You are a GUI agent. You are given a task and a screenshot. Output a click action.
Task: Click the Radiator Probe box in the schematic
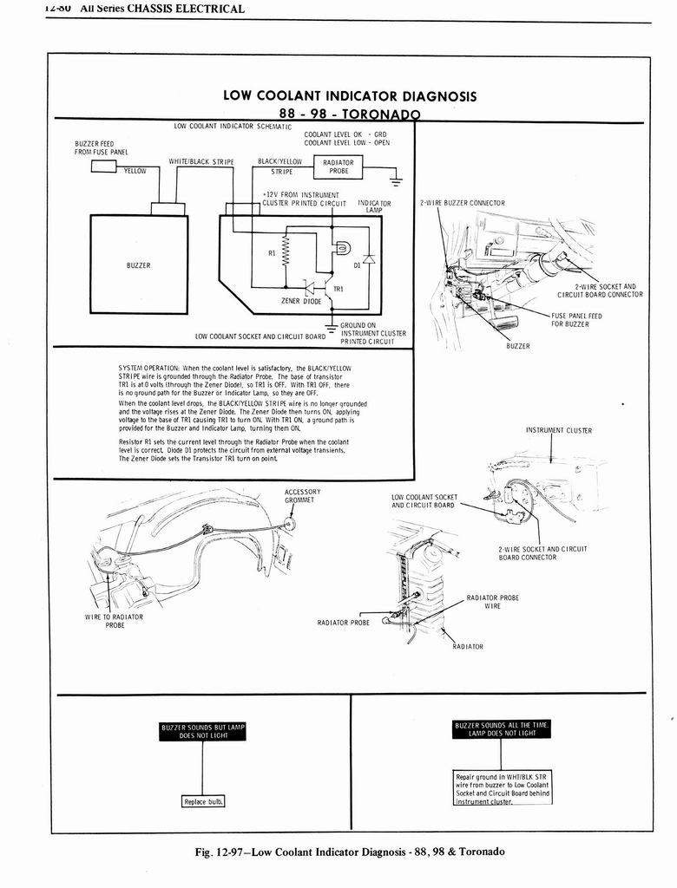click(338, 166)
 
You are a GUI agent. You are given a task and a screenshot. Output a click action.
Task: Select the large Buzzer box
click(139, 264)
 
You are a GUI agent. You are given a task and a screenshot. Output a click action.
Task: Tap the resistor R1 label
click(272, 254)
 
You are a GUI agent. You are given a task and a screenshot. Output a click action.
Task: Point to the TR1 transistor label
click(338, 288)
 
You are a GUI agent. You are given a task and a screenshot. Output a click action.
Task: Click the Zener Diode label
click(301, 301)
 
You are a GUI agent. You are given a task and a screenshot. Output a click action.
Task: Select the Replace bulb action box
click(203, 801)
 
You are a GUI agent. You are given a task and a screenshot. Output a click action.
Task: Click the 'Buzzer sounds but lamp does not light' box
click(203, 731)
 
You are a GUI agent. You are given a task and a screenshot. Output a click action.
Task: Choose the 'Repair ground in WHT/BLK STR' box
click(503, 787)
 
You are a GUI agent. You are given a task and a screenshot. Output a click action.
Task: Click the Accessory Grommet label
click(302, 496)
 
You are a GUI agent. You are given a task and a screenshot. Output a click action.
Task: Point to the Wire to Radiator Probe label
click(114, 621)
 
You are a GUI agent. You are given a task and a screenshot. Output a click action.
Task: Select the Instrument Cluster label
click(558, 430)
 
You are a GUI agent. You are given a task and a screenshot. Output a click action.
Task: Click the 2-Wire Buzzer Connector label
click(462, 203)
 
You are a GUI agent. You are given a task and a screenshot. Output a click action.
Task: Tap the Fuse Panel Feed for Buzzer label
click(576, 320)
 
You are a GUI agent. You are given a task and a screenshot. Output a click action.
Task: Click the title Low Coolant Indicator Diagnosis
click(349, 95)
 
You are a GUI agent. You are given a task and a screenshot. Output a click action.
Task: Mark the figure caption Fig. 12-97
click(349, 851)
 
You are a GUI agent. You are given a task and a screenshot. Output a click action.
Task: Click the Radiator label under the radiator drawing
click(468, 646)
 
